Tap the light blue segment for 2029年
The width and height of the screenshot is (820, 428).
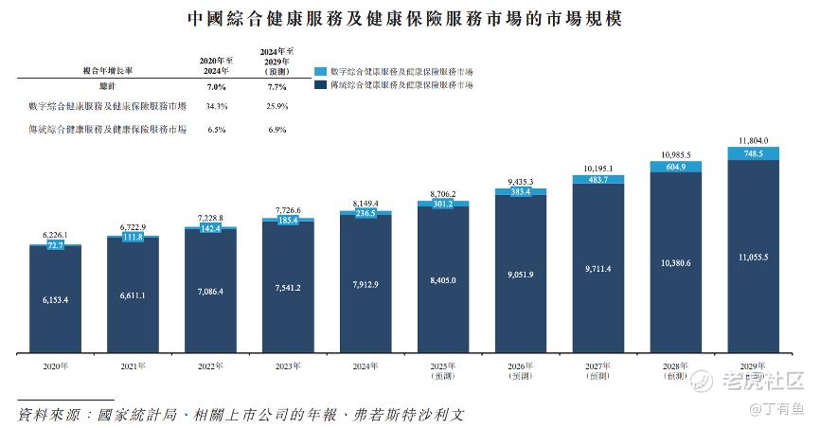coord(754,153)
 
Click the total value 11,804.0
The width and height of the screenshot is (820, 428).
coord(754,140)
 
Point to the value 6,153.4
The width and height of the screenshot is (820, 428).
coord(55,298)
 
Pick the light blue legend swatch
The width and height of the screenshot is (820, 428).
coord(320,71)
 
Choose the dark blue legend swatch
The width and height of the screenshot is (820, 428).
coord(320,85)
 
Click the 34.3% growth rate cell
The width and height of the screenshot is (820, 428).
coord(217,106)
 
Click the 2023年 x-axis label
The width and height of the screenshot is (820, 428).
coord(288,365)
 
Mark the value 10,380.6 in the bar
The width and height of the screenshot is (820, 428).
coord(676,262)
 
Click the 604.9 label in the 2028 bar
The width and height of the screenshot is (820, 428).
coord(676,168)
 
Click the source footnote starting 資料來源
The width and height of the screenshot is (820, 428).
coord(241,415)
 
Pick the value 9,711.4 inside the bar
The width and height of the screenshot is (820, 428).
coord(598,269)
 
